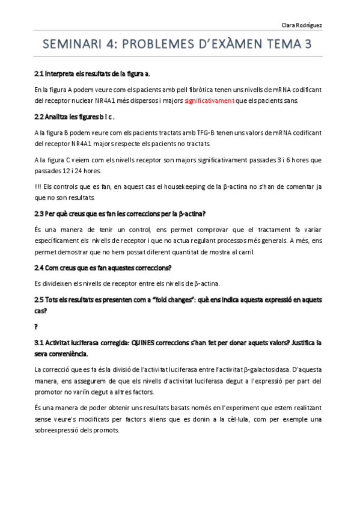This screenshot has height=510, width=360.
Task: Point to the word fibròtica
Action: tap(177, 90)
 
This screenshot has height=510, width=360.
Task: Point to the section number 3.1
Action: tap(40, 343)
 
